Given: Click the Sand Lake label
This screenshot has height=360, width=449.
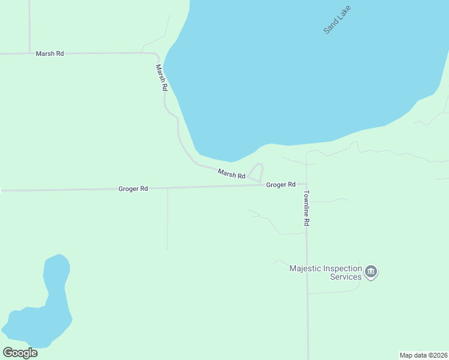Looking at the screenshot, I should tap(337, 19).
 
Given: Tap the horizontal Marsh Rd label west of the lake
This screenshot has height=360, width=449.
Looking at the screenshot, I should tap(50, 53).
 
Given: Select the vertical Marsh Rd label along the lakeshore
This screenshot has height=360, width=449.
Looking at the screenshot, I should tap(161, 77).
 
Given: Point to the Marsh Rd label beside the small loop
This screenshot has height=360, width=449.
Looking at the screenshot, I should tap(232, 175).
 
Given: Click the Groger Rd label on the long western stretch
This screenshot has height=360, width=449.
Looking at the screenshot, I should tap(133, 188).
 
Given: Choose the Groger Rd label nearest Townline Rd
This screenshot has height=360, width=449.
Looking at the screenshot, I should tap(281, 185).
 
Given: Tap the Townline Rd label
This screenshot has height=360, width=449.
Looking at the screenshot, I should tap(306, 208).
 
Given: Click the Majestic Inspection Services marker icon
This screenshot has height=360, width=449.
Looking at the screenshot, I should tap(372, 272).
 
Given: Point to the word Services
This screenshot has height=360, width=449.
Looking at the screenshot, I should tap(346, 277).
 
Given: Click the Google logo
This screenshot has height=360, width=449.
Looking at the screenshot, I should tap(20, 353).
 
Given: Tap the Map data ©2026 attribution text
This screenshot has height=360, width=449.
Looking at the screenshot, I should tap(423, 355).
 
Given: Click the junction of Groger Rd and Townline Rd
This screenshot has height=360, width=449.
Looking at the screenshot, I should tap(306, 185).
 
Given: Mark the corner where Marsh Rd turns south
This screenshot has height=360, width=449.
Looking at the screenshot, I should tap(157, 56).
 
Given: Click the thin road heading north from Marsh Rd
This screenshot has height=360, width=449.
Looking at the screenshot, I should tap(29, 27).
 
